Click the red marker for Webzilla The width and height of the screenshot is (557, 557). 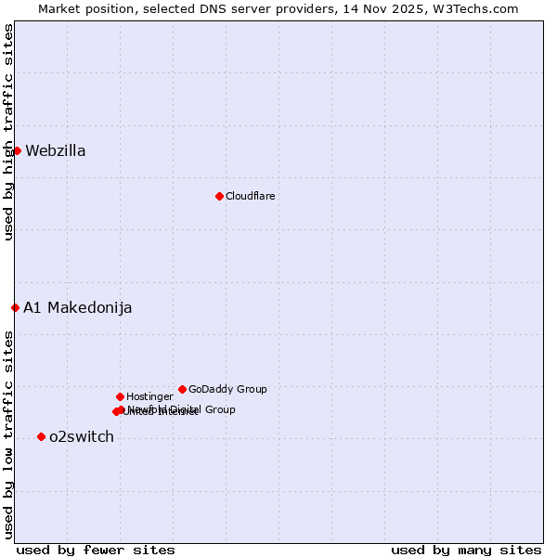[17, 150]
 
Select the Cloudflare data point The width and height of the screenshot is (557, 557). [219, 196]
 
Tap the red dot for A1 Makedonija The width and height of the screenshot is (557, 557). [15, 307]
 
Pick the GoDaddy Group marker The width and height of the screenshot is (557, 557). [182, 389]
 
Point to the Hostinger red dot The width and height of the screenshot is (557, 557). [120, 396]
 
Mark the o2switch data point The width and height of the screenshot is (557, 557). [41, 436]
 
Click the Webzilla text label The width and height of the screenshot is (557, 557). [56, 151]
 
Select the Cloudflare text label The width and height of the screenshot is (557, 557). [251, 197]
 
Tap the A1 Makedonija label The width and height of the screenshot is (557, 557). [78, 308]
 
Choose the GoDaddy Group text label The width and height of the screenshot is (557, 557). [227, 390]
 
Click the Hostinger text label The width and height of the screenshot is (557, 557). [149, 397]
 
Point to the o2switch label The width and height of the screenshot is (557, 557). [82, 437]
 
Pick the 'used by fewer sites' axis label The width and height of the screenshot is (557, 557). [96, 551]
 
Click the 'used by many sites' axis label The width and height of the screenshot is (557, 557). [466, 551]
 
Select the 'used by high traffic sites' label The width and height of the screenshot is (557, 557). [8, 132]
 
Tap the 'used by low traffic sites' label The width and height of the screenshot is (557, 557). [8, 434]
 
